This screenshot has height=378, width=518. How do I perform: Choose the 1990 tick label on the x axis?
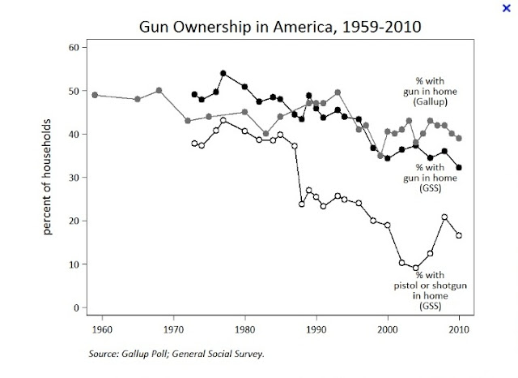click(x=316, y=329)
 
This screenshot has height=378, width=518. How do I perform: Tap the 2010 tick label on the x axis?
click(x=458, y=329)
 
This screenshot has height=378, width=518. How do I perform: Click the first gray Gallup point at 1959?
click(x=96, y=95)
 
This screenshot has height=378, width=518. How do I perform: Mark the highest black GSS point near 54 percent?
click(x=223, y=73)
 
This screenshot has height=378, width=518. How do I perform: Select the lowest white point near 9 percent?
click(x=416, y=268)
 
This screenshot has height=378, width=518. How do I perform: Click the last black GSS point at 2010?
click(x=459, y=168)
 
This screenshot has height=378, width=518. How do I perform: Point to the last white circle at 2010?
click(x=459, y=235)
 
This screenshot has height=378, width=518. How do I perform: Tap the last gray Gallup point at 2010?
click(x=459, y=138)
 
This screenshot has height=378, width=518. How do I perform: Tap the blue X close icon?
click(x=507, y=7)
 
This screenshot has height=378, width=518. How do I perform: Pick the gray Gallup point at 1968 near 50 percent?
click(x=159, y=90)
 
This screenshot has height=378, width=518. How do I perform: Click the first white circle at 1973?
click(x=194, y=144)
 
